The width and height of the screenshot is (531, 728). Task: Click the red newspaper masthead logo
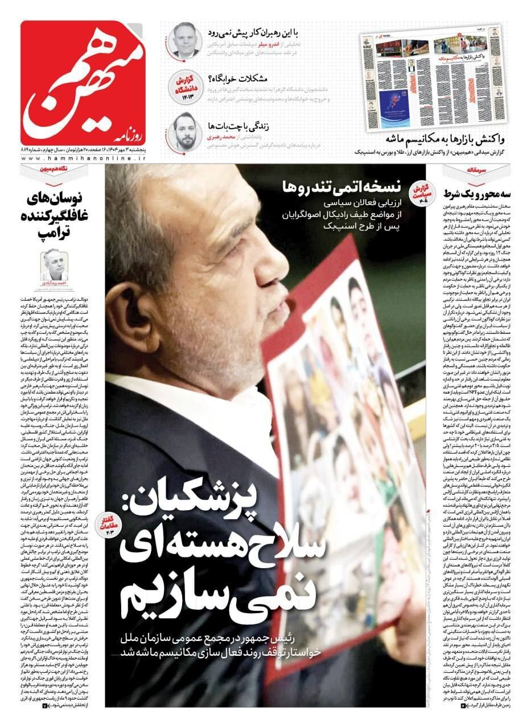[84, 82]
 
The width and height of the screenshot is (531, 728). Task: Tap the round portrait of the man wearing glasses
[186, 40]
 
